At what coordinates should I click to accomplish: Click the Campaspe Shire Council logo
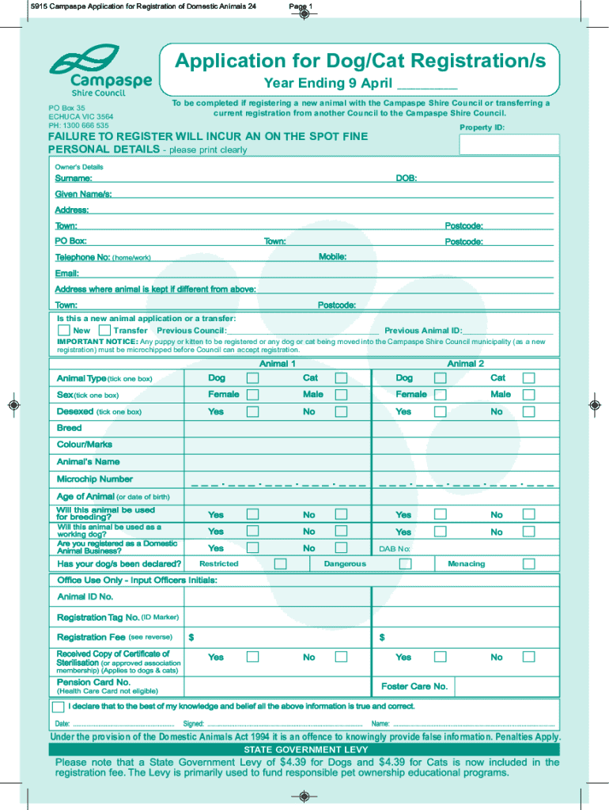pos(100,69)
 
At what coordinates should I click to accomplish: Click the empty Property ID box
pos(509,145)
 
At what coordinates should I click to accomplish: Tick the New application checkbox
pos(63,330)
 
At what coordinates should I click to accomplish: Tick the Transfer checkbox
pos(104,330)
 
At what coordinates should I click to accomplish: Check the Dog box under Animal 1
pos(252,378)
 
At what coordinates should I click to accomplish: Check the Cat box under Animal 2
pos(528,378)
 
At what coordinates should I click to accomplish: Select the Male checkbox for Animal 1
pos(341,395)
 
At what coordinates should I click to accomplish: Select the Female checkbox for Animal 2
pos(441,395)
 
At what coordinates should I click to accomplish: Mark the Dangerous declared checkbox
pos(405,564)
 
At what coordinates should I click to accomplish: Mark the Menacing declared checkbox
pos(528,564)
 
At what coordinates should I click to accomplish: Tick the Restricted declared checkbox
pos(280,564)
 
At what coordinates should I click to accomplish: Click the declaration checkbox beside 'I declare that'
pos(59,706)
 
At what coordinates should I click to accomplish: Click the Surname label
pos(73,179)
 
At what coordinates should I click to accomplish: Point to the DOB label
pos(407,179)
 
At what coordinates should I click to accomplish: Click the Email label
pos(66,273)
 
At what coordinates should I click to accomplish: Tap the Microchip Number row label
pos(95,479)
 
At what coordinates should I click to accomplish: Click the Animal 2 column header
pos(466,364)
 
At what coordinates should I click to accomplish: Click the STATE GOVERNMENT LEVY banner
pos(304,749)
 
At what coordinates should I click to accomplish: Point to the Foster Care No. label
pos(414,687)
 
